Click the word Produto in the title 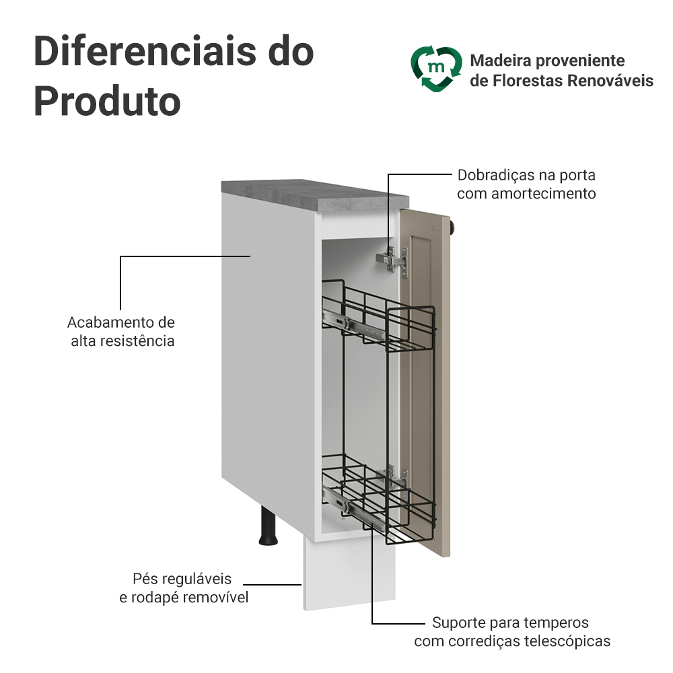point(107,101)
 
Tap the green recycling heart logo point(437,68)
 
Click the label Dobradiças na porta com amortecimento point(526,184)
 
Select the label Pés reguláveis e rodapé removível point(183,588)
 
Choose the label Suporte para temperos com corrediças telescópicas point(512,631)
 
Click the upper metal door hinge point(394,260)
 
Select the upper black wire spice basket point(380,316)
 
